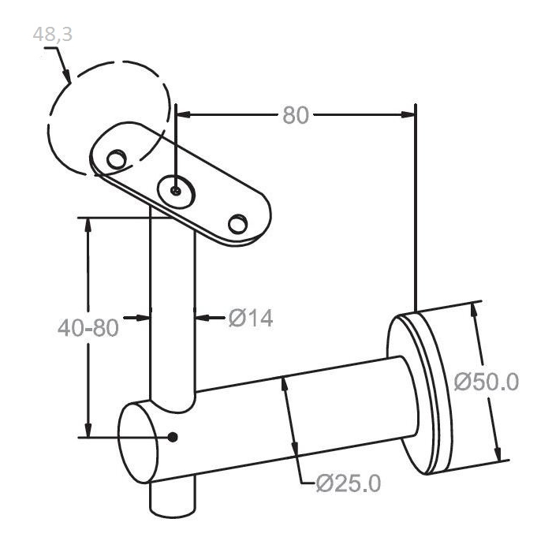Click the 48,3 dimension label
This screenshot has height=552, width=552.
tap(53, 34)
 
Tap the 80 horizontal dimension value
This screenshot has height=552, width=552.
tap(296, 115)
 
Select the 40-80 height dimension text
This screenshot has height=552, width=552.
tap(88, 328)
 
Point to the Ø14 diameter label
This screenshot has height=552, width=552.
tap(251, 318)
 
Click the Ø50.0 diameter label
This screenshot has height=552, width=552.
tap(487, 382)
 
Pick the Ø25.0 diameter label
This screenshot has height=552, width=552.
tap(349, 483)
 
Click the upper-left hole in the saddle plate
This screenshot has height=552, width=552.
tap(117, 159)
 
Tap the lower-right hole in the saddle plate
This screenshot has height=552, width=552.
tap(237, 223)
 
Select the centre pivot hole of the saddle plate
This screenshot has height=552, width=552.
tap(176, 191)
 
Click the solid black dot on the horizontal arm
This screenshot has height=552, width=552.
tap(172, 437)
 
